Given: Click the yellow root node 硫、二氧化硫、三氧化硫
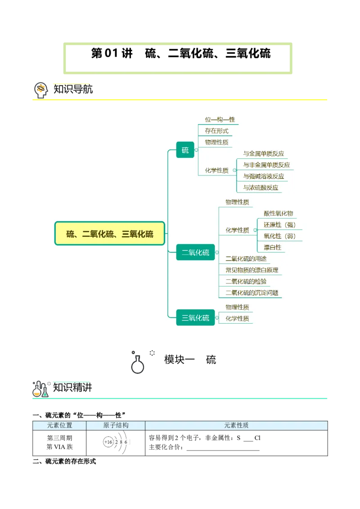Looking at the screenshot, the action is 110,233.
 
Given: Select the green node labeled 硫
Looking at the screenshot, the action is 185,150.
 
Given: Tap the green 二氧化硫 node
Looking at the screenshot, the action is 195,253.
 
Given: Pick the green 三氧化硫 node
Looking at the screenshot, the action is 195,318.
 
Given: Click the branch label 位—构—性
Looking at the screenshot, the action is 220,120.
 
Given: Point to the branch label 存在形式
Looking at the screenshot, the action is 216,131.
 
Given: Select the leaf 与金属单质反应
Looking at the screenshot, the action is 263,154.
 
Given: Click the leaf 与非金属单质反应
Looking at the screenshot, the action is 266,165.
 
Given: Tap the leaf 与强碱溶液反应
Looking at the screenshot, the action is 263,176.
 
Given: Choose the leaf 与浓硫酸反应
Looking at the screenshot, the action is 261,188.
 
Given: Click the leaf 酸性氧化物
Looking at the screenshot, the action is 278,214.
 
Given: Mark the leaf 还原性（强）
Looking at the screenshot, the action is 280,225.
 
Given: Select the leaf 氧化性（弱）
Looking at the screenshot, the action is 280,236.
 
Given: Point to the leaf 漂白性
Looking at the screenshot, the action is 272,247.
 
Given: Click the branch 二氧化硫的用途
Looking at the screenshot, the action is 246,259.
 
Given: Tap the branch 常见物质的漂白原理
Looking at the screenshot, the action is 252,270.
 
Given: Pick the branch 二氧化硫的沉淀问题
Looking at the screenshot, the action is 252,293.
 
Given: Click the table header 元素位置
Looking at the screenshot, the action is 59,425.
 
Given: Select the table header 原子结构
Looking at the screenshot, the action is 116,425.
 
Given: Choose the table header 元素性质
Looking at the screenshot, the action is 236,425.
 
